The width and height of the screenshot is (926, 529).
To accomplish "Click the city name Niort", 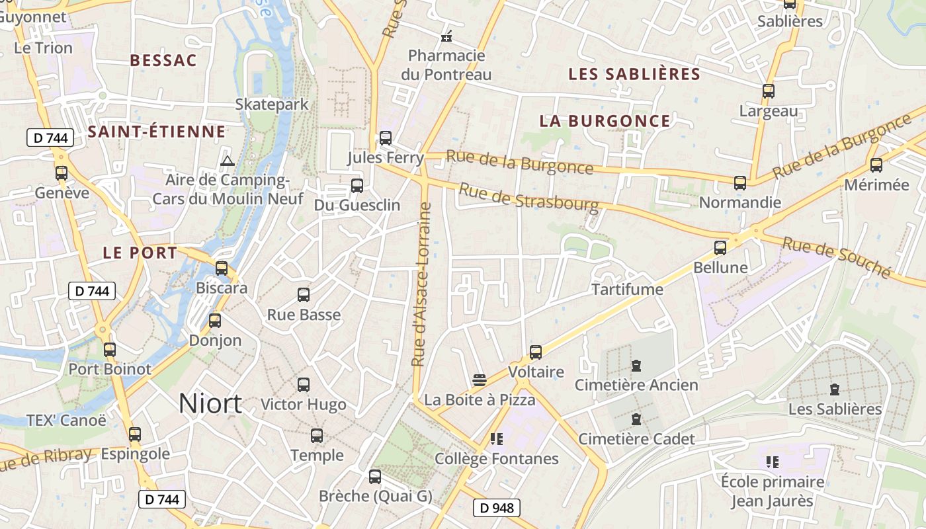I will pos(210,403).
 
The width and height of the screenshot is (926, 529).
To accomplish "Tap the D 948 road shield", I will pos(496,508).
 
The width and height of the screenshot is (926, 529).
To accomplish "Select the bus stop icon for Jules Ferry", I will pos(386,138).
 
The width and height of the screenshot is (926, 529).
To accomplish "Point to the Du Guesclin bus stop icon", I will pos(357,186).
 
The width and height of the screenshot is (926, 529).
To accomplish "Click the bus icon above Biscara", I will pos(222,268).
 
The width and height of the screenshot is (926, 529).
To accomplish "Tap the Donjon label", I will pos(215,341).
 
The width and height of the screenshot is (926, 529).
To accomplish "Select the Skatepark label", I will pos(272,104).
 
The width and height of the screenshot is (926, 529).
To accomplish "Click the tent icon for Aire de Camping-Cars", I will pos(228,161).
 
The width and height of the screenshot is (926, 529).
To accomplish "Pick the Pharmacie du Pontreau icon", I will pos(446,36).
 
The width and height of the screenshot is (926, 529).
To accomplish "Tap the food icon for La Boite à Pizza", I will pos(480,380).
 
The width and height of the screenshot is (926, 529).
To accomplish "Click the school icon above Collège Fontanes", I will pos(496,439).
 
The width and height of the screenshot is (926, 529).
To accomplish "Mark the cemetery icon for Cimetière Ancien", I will pos(636,366).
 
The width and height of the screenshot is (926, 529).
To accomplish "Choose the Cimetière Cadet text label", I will pos(636,439).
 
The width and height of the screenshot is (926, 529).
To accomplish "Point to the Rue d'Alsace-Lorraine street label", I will pos(421,284).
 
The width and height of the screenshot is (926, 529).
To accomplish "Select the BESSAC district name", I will pos(163,61).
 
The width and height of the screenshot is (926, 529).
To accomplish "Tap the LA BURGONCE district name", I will pos(605,121).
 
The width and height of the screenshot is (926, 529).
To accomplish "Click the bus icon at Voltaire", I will pos(536,352).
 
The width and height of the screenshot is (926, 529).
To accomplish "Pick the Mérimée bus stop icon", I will pos(876,165).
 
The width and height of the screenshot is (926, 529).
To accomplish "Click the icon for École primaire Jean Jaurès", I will pos(772,462).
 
